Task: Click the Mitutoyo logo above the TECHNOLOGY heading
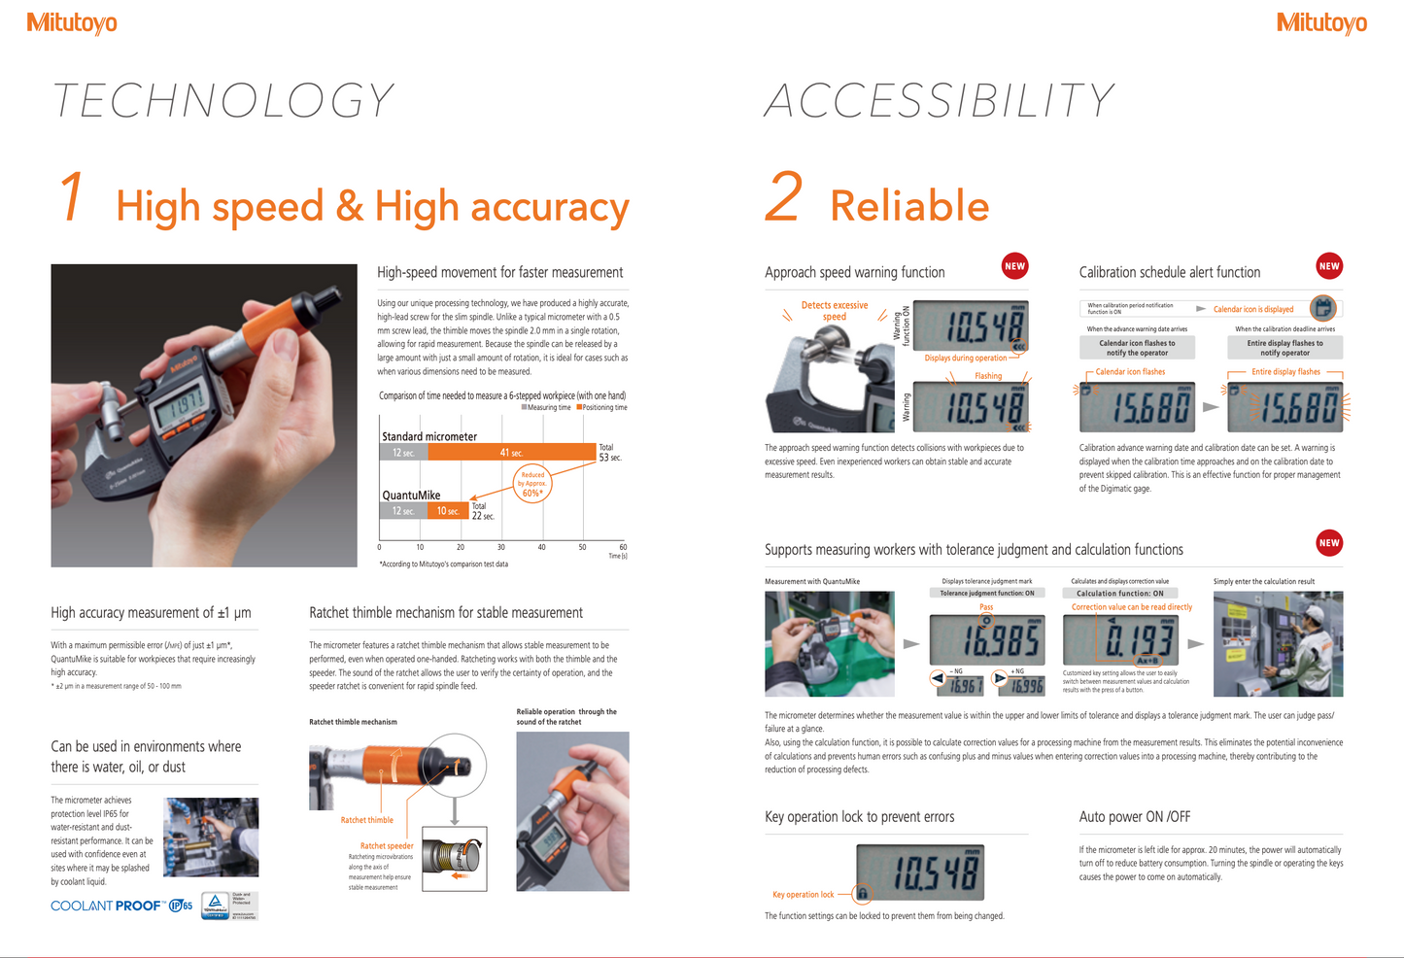[x=72, y=22]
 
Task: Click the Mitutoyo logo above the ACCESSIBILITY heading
[x=1321, y=22]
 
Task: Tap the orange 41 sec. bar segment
[x=511, y=453]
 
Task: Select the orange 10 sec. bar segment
[x=448, y=510]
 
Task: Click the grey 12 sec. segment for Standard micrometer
[x=403, y=453]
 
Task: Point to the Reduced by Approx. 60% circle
[x=532, y=483]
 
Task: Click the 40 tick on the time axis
[x=542, y=547]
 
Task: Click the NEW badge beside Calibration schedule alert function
[x=1329, y=266]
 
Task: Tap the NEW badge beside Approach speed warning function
[x=1014, y=266]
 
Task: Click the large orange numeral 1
[x=72, y=197]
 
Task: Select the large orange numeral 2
[x=784, y=197]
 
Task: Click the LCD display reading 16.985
[x=986, y=640]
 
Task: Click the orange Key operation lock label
[x=803, y=895]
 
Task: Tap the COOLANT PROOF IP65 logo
[x=121, y=906]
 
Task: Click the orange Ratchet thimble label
[x=366, y=820]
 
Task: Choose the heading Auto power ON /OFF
[x=1134, y=817]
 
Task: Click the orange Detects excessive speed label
[x=835, y=311]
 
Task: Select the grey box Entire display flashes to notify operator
[x=1284, y=348]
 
